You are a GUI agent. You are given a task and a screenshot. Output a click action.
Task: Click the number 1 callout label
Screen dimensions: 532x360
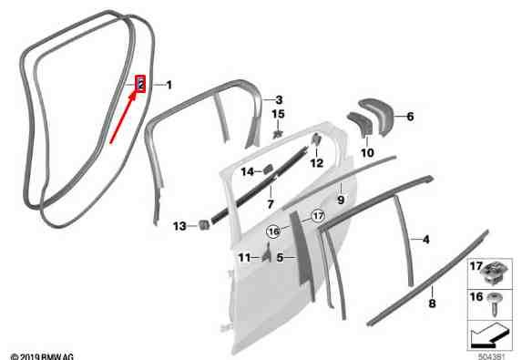click(x=169, y=85)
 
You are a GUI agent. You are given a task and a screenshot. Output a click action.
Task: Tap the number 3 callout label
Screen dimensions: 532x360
click(x=279, y=100)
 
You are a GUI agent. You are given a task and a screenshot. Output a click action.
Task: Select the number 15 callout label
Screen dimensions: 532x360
click(x=278, y=114)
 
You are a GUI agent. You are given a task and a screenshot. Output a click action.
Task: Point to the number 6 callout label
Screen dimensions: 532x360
click(x=410, y=117)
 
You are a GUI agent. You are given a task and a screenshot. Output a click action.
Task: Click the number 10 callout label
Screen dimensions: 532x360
click(x=367, y=153)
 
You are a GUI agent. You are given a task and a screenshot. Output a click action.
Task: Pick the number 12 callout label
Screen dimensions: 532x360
click(x=316, y=163)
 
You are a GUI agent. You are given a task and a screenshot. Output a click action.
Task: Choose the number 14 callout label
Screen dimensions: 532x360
click(x=248, y=172)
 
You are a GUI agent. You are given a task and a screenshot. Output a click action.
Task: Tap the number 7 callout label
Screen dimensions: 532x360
click(x=271, y=204)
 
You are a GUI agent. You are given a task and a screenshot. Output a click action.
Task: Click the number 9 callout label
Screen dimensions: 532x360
click(x=341, y=200)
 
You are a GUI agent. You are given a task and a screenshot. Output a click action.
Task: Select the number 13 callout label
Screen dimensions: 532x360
click(x=179, y=226)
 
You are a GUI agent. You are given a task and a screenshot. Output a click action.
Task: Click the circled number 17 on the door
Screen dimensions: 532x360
click(x=318, y=216)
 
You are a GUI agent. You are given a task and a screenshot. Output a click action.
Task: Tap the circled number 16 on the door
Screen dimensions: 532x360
click(x=274, y=231)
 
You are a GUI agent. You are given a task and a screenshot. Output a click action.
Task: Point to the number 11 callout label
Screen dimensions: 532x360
click(x=245, y=258)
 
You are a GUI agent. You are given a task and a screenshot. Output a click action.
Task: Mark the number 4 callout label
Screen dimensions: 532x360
click(x=426, y=240)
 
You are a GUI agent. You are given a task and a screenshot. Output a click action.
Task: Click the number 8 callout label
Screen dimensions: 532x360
click(x=432, y=303)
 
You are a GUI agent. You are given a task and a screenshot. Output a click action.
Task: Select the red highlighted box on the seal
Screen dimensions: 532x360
click(x=140, y=84)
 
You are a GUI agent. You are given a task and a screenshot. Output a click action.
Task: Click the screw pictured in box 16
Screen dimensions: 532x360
click(x=493, y=304)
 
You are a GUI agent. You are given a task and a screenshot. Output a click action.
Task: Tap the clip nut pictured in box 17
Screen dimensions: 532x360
click(x=495, y=273)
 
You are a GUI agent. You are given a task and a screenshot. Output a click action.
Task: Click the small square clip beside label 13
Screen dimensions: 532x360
click(x=203, y=224)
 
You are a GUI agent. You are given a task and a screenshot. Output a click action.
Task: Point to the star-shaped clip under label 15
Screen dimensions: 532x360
click(x=278, y=134)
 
